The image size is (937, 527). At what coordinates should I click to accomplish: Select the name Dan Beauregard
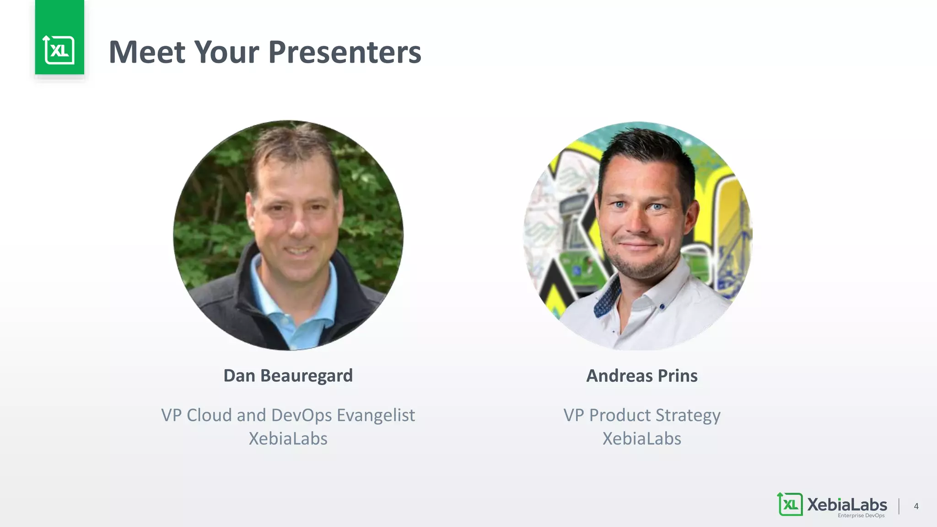click(x=288, y=376)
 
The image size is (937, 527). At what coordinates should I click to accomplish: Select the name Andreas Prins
click(x=641, y=376)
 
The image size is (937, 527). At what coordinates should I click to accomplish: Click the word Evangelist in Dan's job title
click(x=376, y=415)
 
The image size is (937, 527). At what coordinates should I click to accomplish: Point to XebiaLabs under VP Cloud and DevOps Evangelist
click(x=288, y=439)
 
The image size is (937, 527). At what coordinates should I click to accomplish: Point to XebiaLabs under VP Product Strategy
click(x=641, y=439)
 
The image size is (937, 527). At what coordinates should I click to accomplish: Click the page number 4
click(x=916, y=506)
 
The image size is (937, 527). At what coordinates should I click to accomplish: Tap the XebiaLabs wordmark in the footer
click(x=847, y=504)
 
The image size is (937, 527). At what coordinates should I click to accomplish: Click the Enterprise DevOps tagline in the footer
click(x=861, y=516)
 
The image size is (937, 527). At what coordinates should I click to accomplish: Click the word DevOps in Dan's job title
click(x=302, y=415)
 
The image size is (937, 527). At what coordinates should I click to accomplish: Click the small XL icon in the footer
click(x=790, y=504)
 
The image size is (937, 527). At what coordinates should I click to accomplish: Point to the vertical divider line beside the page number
click(x=899, y=506)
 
